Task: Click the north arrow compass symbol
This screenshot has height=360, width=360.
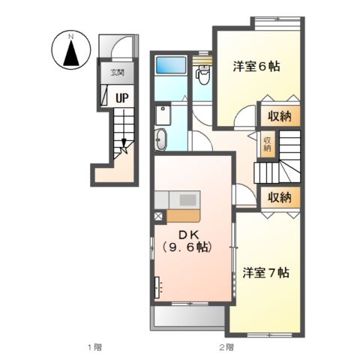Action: coord(71,50)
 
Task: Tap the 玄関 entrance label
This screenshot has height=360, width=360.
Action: coord(117,73)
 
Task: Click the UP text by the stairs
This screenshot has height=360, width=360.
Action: coord(122,98)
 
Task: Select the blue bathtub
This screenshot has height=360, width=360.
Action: coord(171,65)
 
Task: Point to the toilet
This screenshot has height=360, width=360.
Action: coord(203,74)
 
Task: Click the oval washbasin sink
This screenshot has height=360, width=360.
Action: coord(161,139)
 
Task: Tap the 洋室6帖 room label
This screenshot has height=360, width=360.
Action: coord(256,67)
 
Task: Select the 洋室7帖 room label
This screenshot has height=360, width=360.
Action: coord(266,273)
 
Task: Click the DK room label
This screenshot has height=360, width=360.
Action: coord(188,235)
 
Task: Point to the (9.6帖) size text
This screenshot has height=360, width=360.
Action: coord(187,247)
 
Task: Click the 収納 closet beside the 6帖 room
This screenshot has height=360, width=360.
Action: coord(280,116)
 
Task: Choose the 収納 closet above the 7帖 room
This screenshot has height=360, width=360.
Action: coord(280,197)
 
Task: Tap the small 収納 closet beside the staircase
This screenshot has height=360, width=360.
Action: coord(267,144)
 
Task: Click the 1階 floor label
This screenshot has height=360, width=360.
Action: coord(94,347)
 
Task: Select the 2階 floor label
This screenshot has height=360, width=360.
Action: coord(226,347)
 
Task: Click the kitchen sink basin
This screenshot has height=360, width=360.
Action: coord(188,200)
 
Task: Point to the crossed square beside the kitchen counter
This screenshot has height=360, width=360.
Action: coord(158,216)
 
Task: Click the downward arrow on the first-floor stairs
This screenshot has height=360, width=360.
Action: coord(124,129)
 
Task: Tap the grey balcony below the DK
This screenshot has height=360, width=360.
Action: coord(189,316)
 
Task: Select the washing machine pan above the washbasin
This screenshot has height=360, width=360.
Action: coord(163,115)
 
